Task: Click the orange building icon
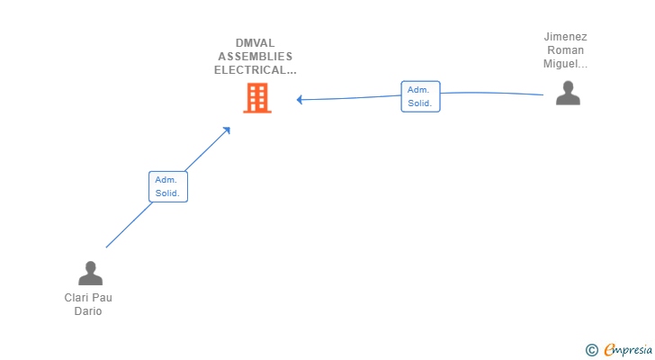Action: click(x=257, y=98)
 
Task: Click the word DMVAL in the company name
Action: click(x=255, y=41)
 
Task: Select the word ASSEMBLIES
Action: click(x=255, y=56)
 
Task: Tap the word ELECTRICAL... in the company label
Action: click(x=255, y=69)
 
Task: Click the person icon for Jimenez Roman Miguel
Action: click(x=568, y=93)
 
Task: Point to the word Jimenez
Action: click(x=565, y=37)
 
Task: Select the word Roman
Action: click(x=565, y=50)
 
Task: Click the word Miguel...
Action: click(x=565, y=64)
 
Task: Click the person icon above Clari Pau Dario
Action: click(x=90, y=273)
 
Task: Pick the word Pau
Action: click(x=103, y=298)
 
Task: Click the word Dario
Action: click(x=88, y=311)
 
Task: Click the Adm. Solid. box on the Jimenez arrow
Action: click(x=420, y=96)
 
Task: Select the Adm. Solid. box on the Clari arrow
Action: click(x=168, y=186)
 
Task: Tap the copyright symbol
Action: click(x=591, y=350)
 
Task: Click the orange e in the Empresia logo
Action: click(x=609, y=350)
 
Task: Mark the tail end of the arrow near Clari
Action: click(x=106, y=247)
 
